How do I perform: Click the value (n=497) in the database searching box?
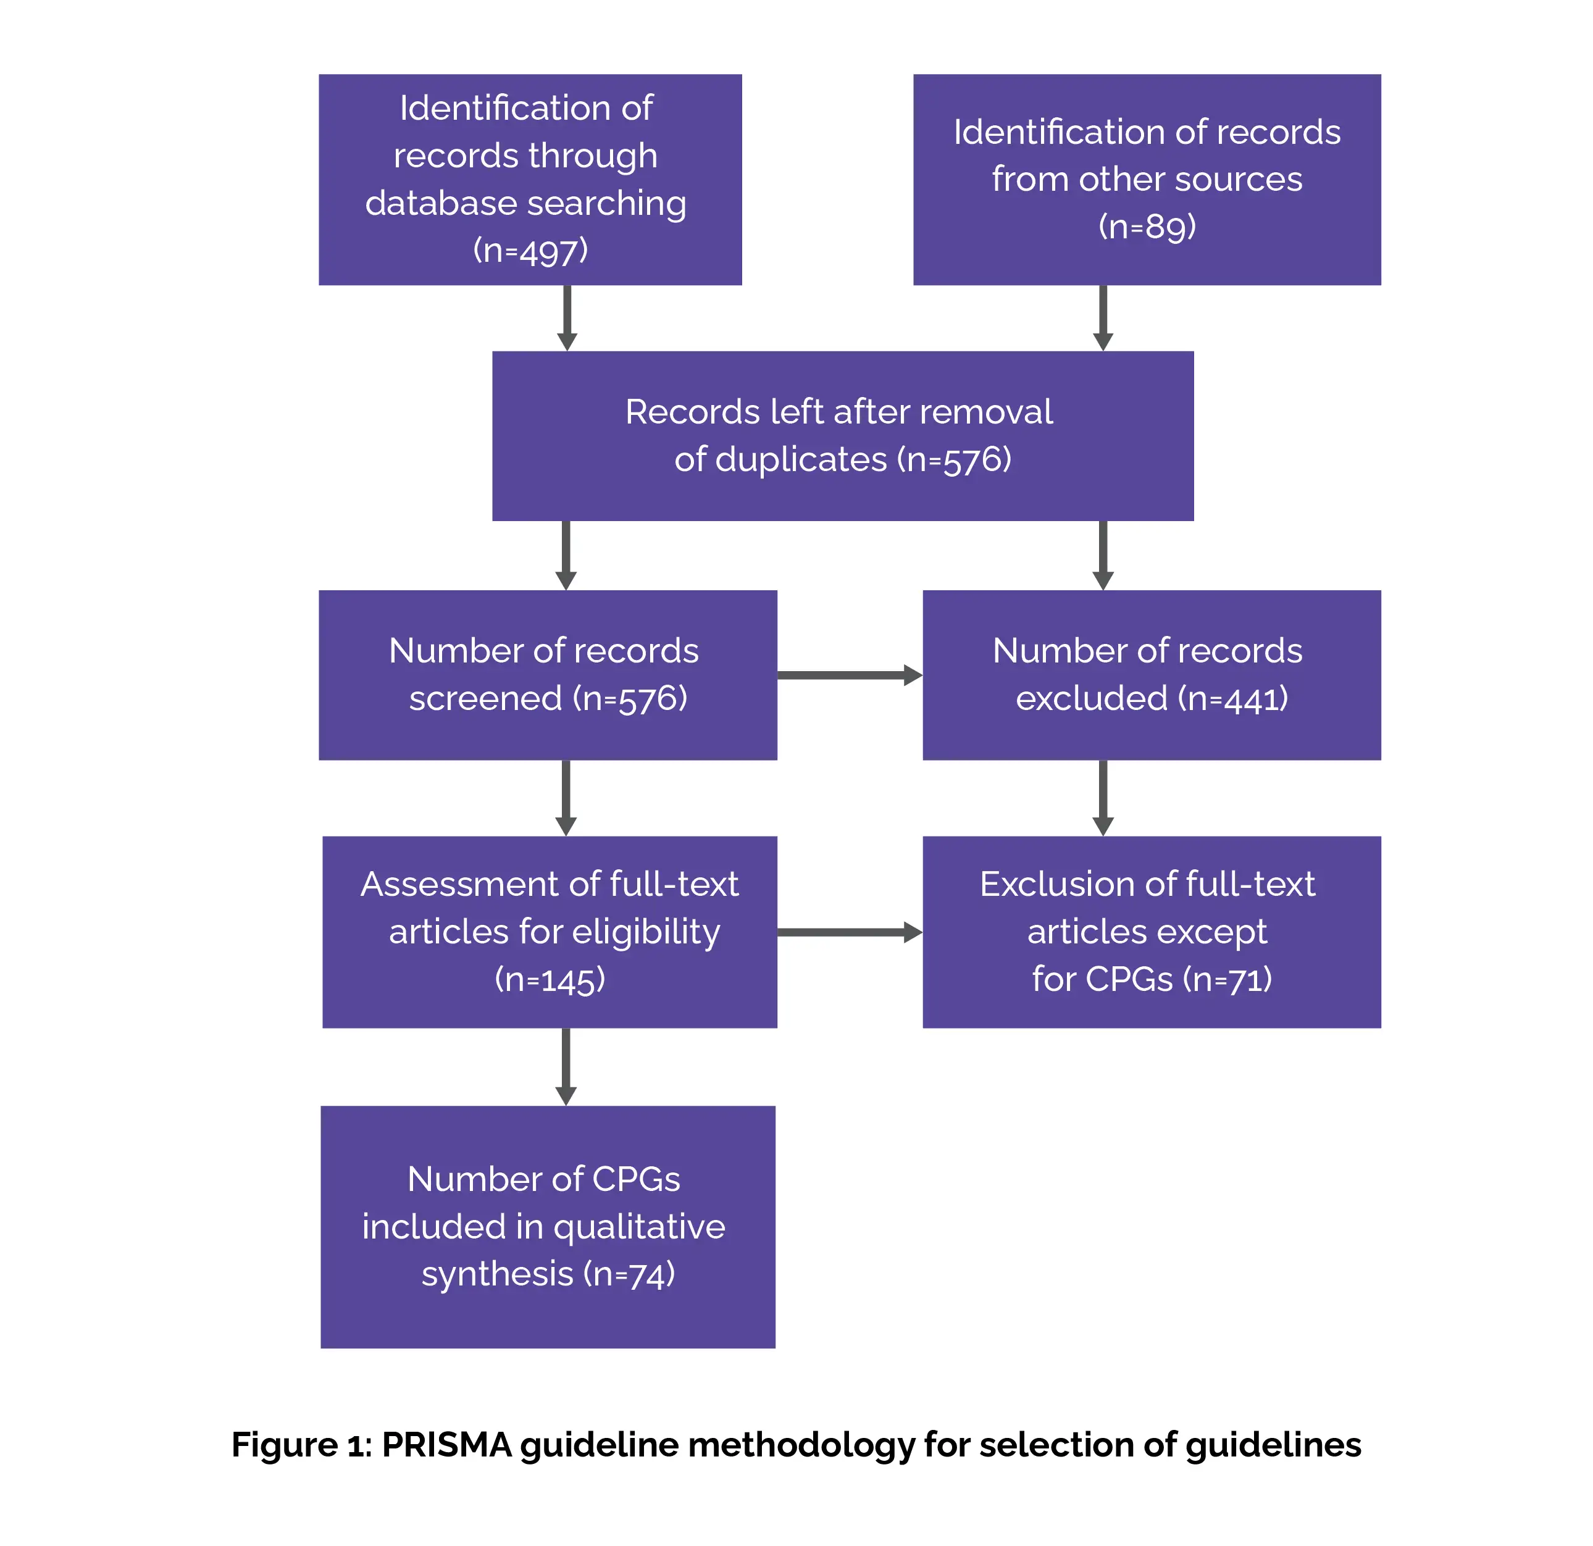tap(530, 250)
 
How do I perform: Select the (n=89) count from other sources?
tap(1147, 226)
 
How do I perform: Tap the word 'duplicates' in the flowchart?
tap(780, 459)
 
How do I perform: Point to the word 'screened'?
tap(485, 698)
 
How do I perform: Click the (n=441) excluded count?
tap(1232, 698)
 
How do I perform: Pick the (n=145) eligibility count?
tap(550, 979)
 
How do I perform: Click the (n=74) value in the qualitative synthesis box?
tap(629, 1274)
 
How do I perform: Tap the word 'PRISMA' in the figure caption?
tap(446, 1444)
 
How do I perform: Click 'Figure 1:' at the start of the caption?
tap(301, 1444)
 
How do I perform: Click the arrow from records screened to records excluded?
tap(850, 675)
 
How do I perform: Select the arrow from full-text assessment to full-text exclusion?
tap(850, 932)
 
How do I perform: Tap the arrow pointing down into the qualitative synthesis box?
tap(566, 1066)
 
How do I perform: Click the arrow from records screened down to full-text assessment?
tap(566, 797)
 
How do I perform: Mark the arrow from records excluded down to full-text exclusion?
tap(1103, 797)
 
